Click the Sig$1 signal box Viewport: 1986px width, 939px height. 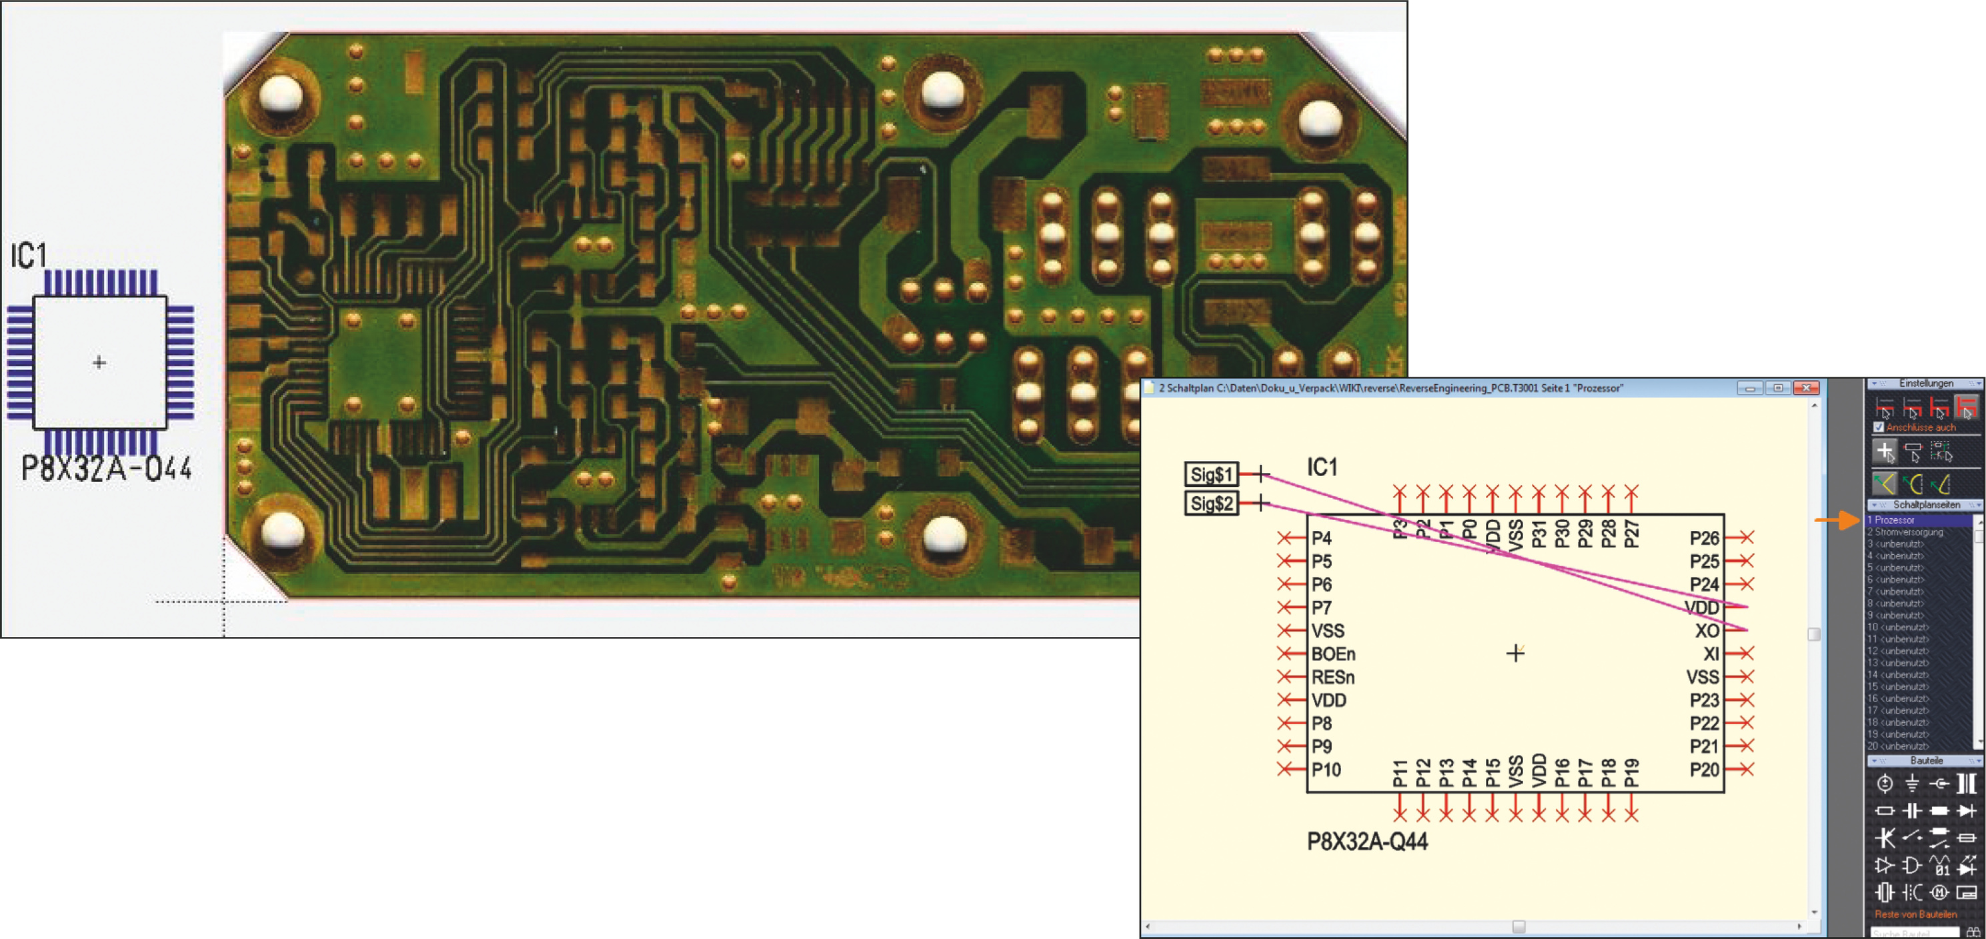(x=1211, y=474)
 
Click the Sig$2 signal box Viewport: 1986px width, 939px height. (x=1211, y=504)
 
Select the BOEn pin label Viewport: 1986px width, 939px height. (x=1333, y=654)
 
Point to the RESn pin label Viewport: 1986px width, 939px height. (x=1333, y=677)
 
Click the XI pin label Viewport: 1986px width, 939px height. (x=1711, y=654)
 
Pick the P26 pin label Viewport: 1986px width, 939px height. (x=1704, y=538)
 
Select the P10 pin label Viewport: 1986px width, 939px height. (x=1326, y=770)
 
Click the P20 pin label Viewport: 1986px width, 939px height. (x=1704, y=770)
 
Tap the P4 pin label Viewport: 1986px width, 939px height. (x=1321, y=538)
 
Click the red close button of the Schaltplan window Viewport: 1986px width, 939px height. (x=1805, y=387)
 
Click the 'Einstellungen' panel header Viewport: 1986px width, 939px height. (x=1925, y=383)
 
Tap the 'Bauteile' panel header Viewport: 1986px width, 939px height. (x=1925, y=760)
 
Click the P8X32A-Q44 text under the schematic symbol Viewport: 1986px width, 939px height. (x=1367, y=841)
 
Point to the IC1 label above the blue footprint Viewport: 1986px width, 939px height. (x=29, y=256)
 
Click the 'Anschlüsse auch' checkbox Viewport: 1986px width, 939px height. (x=1879, y=427)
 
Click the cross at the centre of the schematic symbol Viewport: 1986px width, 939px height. (x=1515, y=654)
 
